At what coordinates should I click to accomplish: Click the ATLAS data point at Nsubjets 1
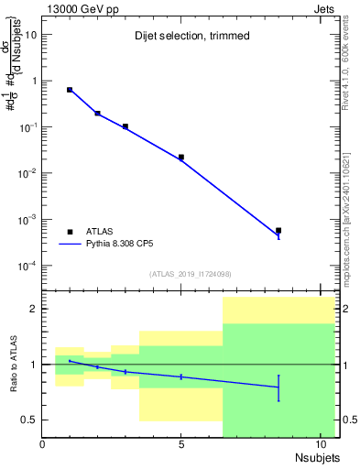click(x=70, y=90)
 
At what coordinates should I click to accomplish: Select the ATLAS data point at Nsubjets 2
click(x=98, y=114)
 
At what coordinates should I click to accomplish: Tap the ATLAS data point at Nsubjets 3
click(x=125, y=126)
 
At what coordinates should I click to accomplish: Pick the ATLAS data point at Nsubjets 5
click(x=181, y=157)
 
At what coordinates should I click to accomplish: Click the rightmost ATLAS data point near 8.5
click(x=278, y=231)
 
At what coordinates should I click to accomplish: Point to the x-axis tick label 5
click(x=181, y=444)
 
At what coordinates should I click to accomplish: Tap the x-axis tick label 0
click(x=43, y=444)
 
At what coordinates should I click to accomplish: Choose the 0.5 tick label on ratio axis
click(x=28, y=420)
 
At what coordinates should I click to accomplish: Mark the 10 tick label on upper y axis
click(x=29, y=34)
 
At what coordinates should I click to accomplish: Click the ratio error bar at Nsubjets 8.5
click(x=278, y=387)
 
